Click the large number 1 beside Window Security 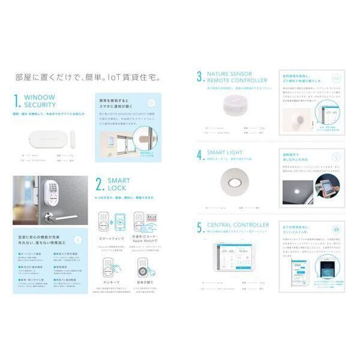17,100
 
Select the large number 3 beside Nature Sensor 199,76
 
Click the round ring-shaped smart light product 233,179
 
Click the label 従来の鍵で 143,281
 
